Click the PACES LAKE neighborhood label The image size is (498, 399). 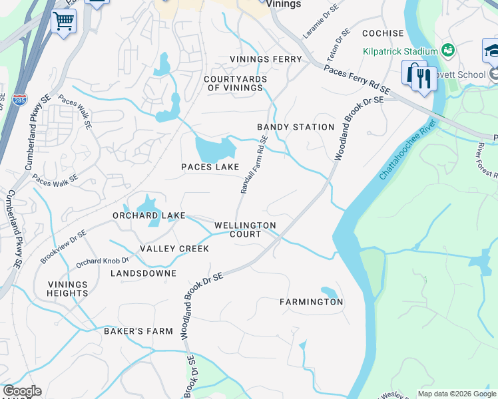210,167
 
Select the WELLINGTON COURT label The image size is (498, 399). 245,229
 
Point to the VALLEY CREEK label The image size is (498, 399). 174,249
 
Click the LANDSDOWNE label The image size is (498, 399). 143,273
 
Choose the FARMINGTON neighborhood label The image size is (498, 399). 311,302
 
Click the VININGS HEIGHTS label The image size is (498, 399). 67,289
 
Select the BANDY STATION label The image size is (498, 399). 296,126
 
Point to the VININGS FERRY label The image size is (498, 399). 266,59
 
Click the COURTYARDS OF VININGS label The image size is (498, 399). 235,83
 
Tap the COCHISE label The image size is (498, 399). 383,33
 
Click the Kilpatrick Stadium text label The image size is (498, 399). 400,51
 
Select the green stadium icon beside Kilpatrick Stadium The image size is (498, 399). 448,51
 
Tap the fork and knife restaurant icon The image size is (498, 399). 423,78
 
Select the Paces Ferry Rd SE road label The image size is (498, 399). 356,79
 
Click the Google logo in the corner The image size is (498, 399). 22,391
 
